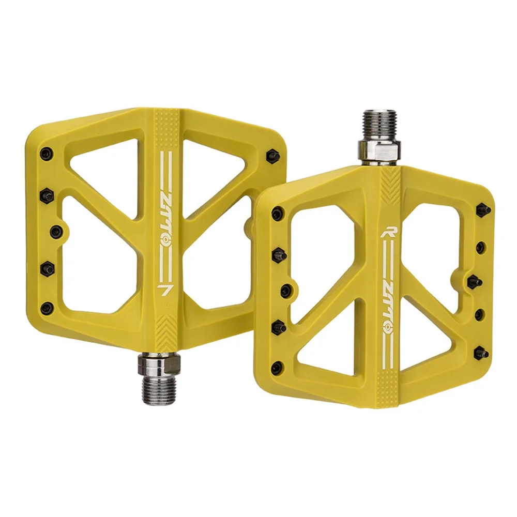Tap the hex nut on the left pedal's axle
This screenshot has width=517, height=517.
pos(159,361)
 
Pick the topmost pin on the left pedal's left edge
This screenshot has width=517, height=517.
pos(46,154)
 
